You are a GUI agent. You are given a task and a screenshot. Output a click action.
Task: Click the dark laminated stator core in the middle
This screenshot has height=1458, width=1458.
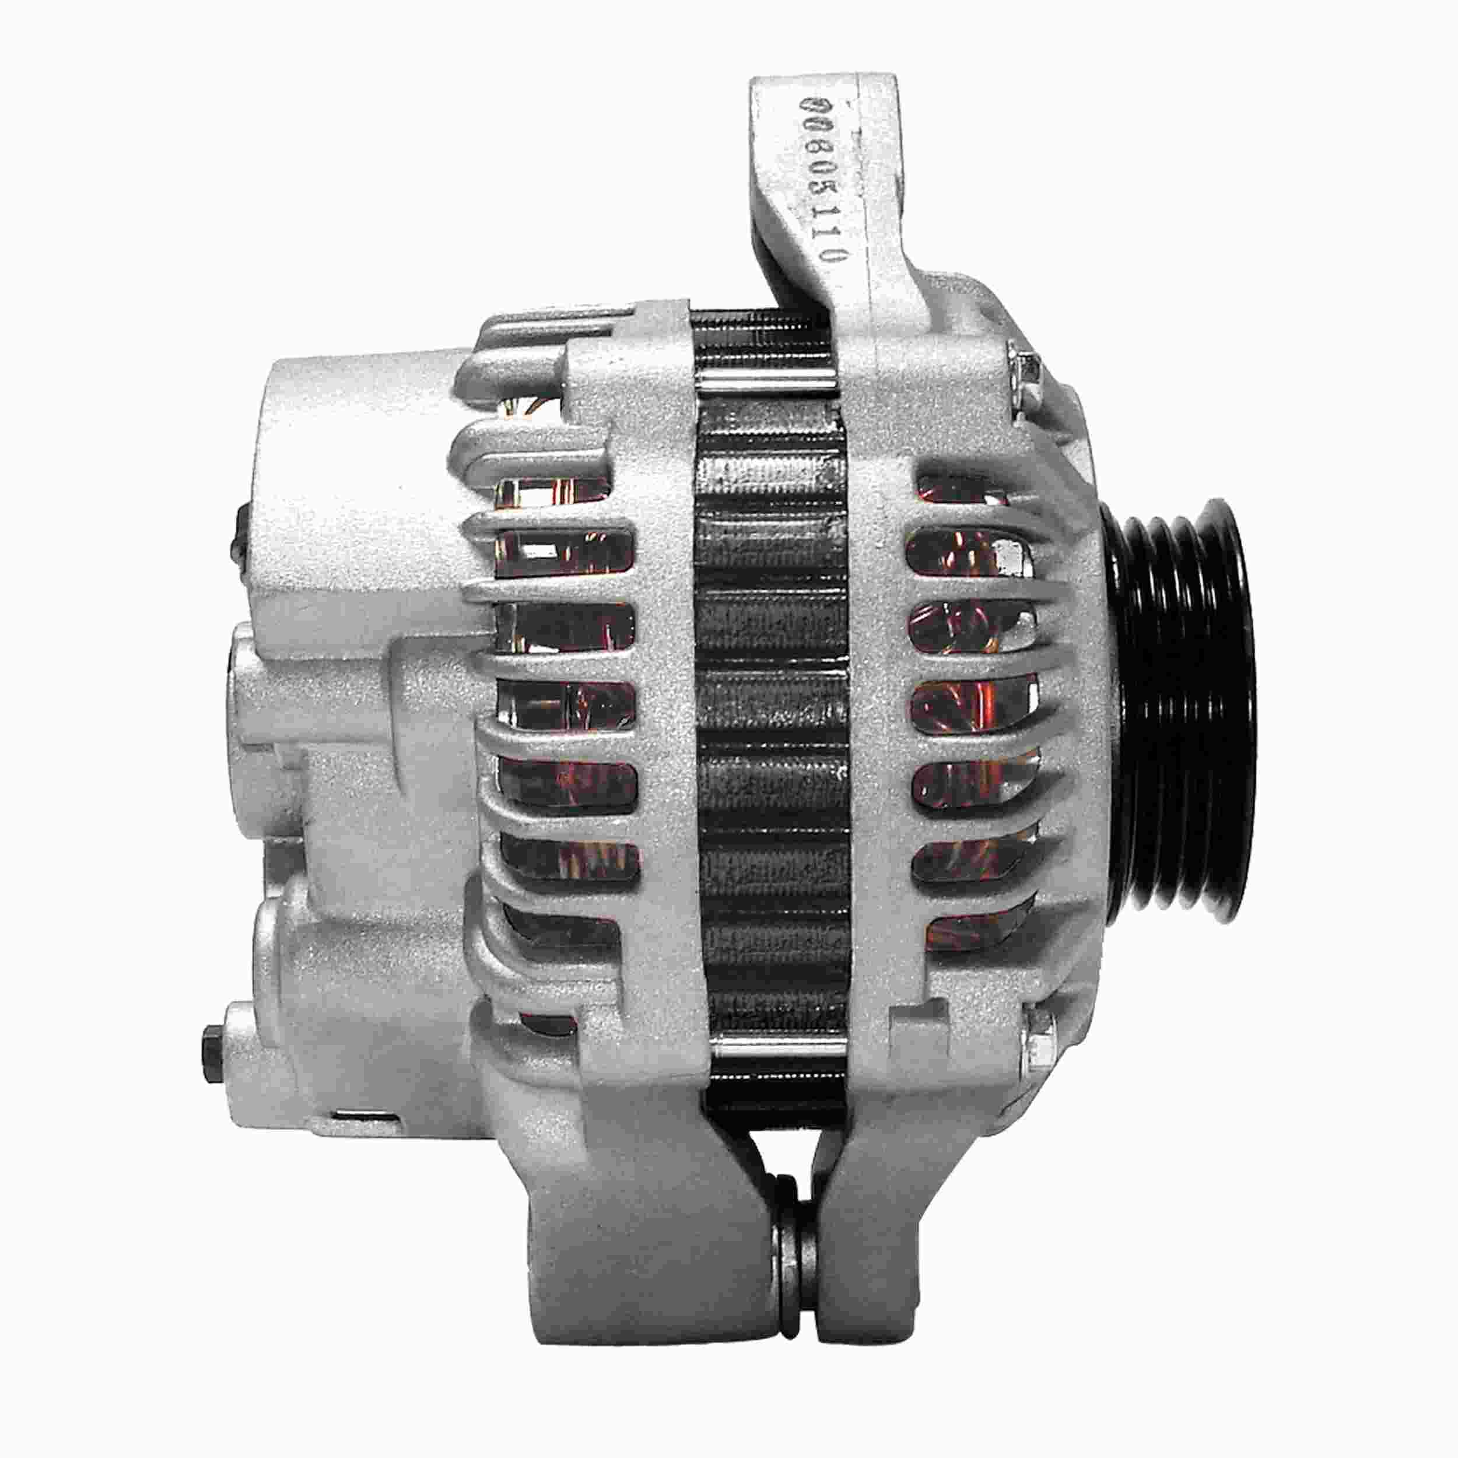click(770, 709)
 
